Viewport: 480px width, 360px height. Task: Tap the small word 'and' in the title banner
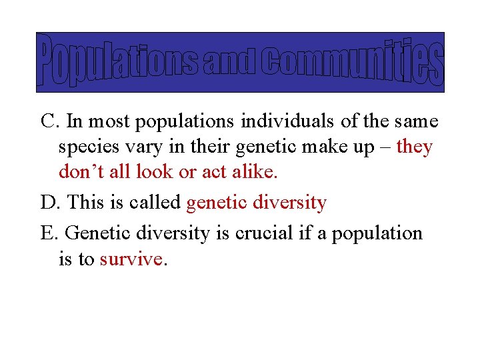(x=229, y=63)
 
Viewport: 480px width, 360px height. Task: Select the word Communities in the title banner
(x=351, y=62)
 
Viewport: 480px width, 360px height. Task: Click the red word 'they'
(x=414, y=147)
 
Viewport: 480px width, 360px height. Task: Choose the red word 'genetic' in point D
(x=217, y=203)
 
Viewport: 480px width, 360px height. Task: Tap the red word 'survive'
(x=131, y=259)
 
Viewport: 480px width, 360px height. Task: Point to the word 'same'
(x=416, y=121)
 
